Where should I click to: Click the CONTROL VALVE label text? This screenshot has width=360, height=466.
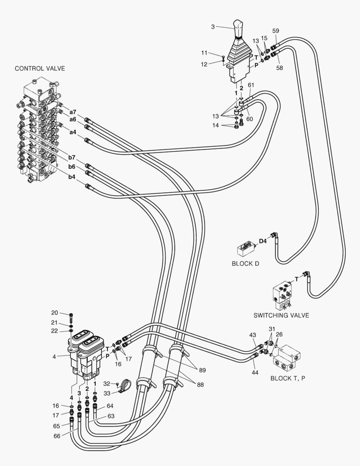[x=40, y=69]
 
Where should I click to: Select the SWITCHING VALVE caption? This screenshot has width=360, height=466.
[x=281, y=315]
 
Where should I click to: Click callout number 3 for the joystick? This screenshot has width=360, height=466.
[x=213, y=27]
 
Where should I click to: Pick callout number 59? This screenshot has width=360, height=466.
[x=275, y=31]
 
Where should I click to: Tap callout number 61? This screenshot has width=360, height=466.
[x=250, y=85]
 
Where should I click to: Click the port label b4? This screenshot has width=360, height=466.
[x=72, y=176]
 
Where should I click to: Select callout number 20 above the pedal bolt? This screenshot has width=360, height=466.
[x=55, y=313]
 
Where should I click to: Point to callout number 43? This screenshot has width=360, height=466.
[x=252, y=335]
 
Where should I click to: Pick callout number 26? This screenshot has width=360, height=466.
[x=279, y=334]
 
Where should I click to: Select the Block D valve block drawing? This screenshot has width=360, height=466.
[x=245, y=249]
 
